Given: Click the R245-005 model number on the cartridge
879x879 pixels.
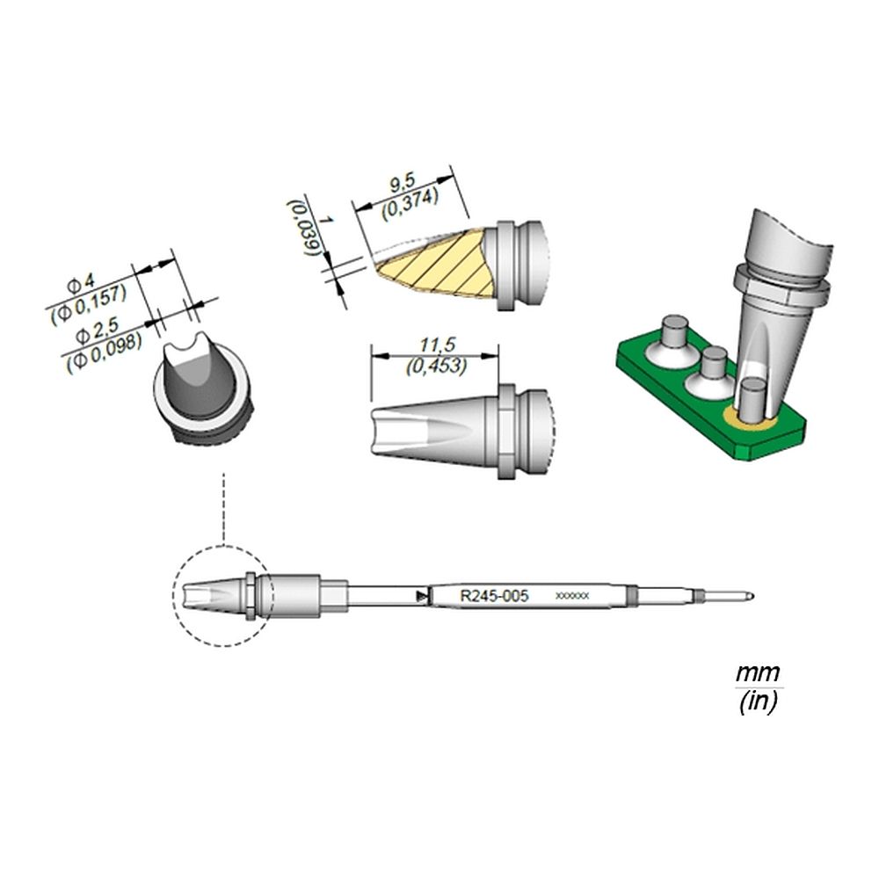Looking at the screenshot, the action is [x=494, y=595].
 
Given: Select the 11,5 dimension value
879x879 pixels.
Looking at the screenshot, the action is [x=433, y=345].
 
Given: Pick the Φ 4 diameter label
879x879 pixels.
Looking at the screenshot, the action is [x=81, y=283].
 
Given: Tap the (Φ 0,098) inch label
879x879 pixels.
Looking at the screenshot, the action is [x=103, y=352].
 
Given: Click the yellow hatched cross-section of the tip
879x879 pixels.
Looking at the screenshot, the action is [x=436, y=263].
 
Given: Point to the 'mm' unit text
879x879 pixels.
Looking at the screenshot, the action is [x=758, y=672].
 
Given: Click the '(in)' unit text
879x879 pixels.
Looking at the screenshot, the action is [x=758, y=701].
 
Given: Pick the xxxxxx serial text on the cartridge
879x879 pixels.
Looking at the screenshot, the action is [x=572, y=596].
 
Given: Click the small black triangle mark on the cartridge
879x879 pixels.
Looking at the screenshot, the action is [x=419, y=597].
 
